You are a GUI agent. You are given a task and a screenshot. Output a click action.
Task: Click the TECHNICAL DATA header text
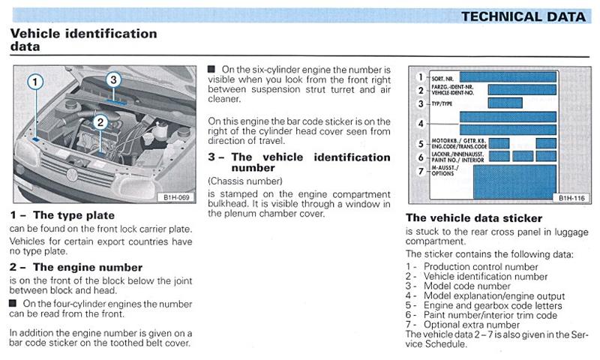click(523, 16)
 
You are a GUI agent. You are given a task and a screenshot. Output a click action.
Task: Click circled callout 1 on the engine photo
click(35, 82)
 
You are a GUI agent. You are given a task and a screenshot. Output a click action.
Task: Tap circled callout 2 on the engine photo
click(100, 122)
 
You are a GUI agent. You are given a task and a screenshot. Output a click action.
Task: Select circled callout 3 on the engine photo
click(113, 80)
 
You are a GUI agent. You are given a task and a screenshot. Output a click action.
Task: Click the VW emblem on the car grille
click(71, 175)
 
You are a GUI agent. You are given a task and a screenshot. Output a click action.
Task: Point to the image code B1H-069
click(176, 197)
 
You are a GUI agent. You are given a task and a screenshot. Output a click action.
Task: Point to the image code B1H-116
click(571, 198)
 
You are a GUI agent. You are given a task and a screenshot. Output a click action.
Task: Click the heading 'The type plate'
click(73, 215)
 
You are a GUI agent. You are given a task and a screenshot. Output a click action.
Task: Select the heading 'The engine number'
click(88, 267)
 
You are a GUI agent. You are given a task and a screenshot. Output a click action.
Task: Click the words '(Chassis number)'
click(245, 181)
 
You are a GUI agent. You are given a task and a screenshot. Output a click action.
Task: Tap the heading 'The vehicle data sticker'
click(474, 218)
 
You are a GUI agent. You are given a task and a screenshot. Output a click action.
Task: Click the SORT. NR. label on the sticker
click(442, 79)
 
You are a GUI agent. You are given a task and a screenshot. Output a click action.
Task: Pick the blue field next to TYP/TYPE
click(505, 103)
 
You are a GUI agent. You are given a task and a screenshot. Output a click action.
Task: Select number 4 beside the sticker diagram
click(421, 124)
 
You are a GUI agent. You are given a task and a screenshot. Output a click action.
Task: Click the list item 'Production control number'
click(481, 267)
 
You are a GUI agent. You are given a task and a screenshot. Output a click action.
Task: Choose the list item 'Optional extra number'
click(472, 325)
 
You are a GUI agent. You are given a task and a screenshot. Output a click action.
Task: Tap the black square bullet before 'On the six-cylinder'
click(211, 69)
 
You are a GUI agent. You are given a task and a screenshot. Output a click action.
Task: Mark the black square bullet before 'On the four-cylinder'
click(13, 304)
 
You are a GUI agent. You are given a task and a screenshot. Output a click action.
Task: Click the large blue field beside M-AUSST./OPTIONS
click(514, 182)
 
